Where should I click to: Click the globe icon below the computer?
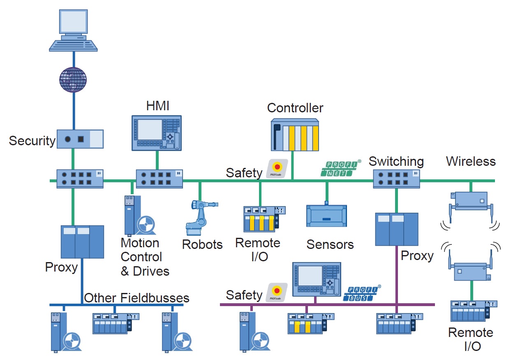[73, 79]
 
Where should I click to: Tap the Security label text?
[32, 141]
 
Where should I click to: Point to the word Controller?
[295, 108]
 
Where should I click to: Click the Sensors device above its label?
[327, 216]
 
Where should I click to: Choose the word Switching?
[396, 161]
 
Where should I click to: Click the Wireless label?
[471, 161]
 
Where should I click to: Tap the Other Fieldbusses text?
[136, 298]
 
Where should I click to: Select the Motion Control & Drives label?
[145, 257]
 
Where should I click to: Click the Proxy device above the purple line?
[397, 229]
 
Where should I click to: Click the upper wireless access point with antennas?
[471, 202]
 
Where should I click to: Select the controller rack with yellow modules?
[295, 135]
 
